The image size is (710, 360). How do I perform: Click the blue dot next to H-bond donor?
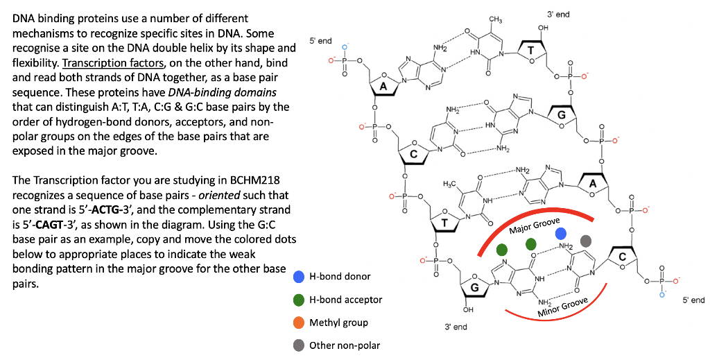(299, 277)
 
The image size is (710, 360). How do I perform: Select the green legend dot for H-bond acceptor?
(299, 300)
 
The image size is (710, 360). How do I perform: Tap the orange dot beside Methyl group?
(299, 323)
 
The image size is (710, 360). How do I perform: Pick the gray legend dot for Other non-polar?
(299, 345)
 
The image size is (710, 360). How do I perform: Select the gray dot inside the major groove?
(586, 241)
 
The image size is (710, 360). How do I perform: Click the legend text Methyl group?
(338, 323)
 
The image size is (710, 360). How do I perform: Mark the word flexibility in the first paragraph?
(35, 63)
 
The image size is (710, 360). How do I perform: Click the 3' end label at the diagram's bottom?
(456, 326)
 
